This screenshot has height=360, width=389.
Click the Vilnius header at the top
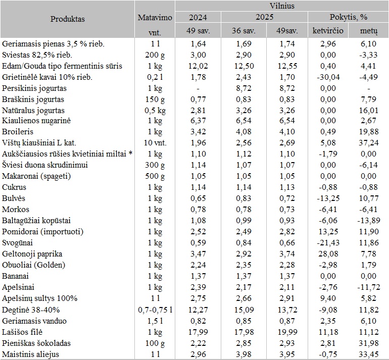point(282,6)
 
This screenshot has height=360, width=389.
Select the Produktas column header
point(68,19)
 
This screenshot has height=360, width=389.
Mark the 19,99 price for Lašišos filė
point(286,332)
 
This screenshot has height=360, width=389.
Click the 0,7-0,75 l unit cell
point(155,310)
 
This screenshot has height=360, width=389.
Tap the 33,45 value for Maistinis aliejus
point(368,354)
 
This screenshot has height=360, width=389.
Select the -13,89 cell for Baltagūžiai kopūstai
point(368,221)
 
